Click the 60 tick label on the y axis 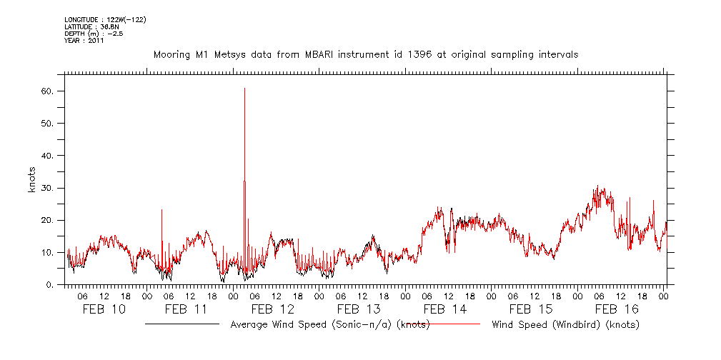48,91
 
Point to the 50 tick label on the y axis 48,124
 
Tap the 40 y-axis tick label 48,156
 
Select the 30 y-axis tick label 48,188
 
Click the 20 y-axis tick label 48,220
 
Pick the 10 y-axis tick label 48,252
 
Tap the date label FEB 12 272,309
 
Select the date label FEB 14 444,309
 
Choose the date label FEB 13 359,309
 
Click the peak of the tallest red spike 244,89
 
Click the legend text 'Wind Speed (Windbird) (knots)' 565,325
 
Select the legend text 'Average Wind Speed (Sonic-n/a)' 313,325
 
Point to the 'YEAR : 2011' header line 84,41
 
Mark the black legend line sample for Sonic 182,324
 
